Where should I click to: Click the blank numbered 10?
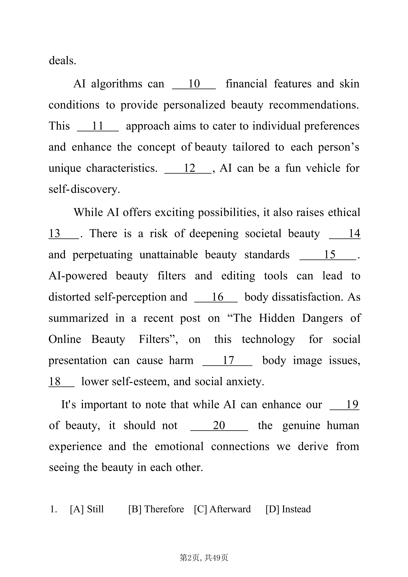[194, 84]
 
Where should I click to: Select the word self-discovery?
[84, 190]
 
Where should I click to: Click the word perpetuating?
[103, 255]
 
